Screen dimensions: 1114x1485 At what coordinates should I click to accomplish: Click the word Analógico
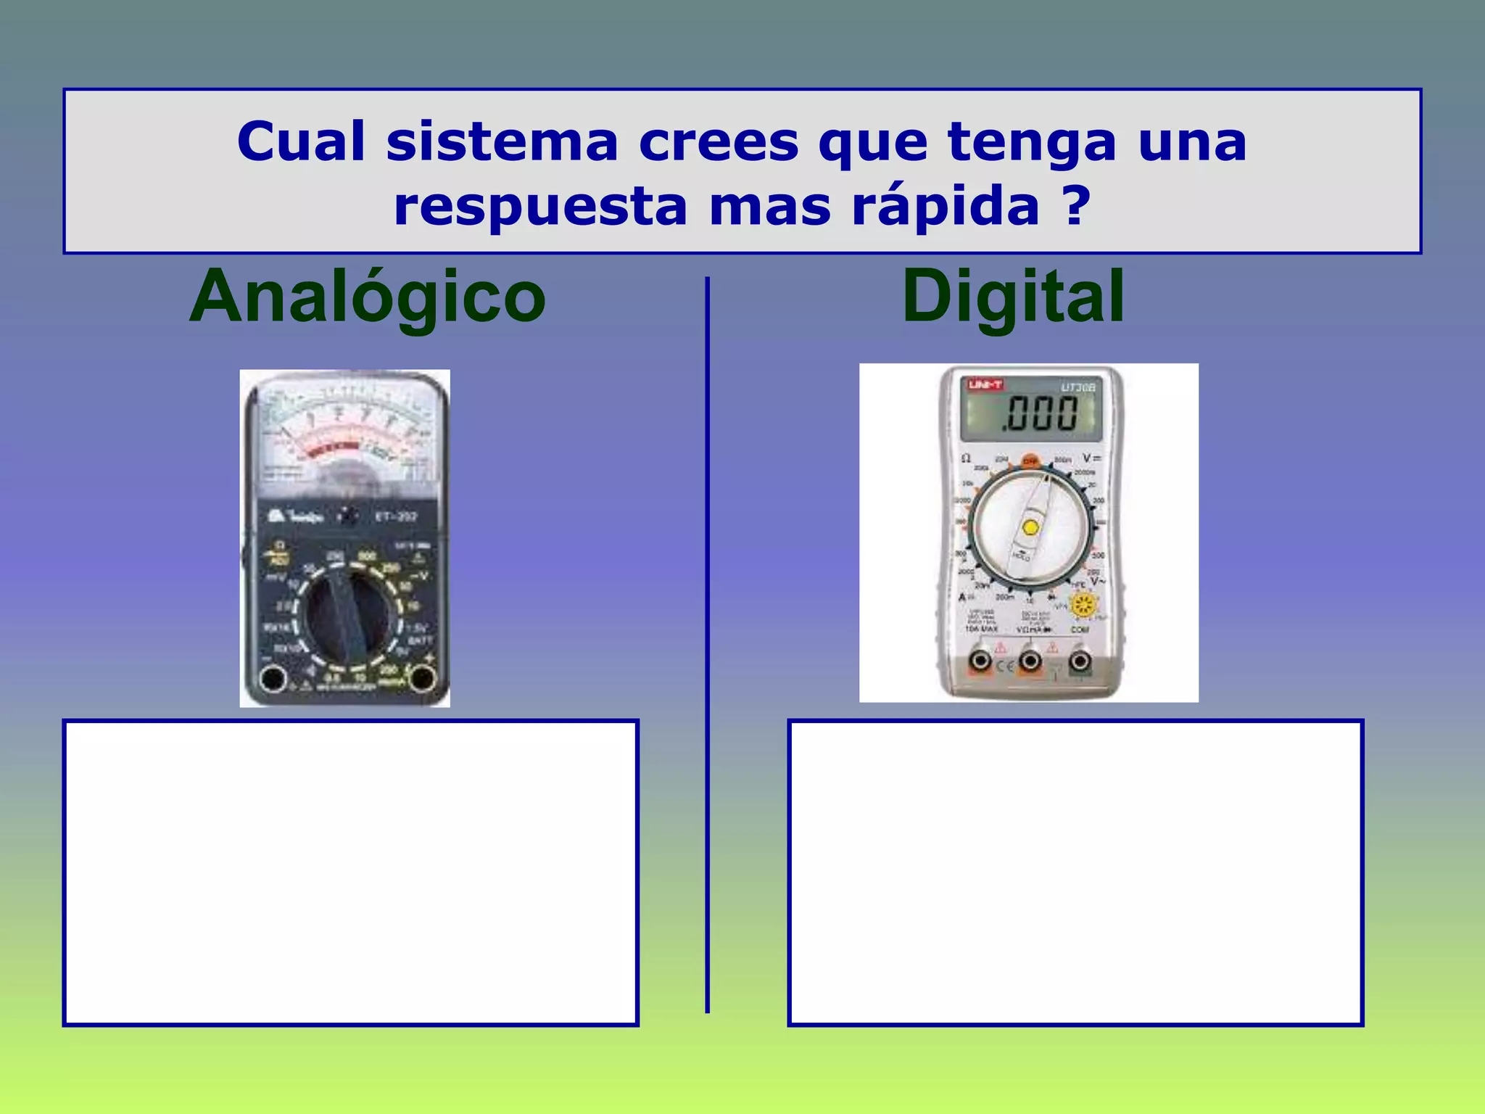pyautogui.click(x=367, y=297)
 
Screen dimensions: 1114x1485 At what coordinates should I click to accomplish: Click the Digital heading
pyautogui.click(x=1012, y=297)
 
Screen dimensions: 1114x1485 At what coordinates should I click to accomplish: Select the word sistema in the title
pyautogui.click(x=502, y=142)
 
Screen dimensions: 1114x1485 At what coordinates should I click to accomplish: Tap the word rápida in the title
pyautogui.click(x=946, y=207)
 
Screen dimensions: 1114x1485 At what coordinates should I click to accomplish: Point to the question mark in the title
pyautogui.click(x=1077, y=207)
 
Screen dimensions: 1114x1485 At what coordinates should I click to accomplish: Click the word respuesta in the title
pyautogui.click(x=540, y=207)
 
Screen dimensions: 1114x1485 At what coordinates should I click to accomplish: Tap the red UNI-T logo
pyautogui.click(x=985, y=384)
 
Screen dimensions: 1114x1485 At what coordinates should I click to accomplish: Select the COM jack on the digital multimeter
pyautogui.click(x=1080, y=661)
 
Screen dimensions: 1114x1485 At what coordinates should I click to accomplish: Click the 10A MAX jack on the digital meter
pyautogui.click(x=980, y=661)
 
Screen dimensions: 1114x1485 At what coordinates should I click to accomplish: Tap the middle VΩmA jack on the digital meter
pyautogui.click(x=1030, y=661)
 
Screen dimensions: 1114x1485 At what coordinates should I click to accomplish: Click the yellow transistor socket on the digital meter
pyautogui.click(x=1084, y=606)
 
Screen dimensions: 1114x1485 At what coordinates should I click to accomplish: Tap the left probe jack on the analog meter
pyautogui.click(x=273, y=680)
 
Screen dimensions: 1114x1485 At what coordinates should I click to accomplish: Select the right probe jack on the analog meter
pyautogui.click(x=421, y=678)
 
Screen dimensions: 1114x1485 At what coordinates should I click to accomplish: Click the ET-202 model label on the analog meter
pyautogui.click(x=396, y=516)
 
